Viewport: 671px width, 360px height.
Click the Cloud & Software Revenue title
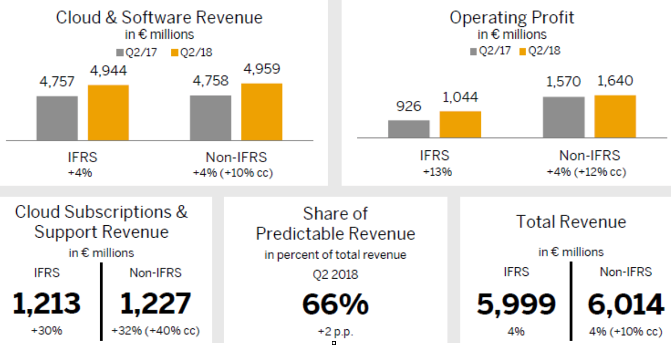(x=160, y=17)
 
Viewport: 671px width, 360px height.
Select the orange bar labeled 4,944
(x=108, y=113)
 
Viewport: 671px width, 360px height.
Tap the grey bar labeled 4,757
(x=57, y=118)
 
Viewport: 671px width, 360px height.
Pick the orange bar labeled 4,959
(x=261, y=112)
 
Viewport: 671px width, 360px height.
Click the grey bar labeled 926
(x=409, y=129)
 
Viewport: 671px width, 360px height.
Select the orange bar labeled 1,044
(x=460, y=124)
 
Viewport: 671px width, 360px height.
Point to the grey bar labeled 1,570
(x=564, y=117)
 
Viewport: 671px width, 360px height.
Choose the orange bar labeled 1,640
(x=615, y=116)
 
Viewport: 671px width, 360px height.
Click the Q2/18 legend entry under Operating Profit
(x=539, y=51)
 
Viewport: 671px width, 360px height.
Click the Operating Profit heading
(x=511, y=17)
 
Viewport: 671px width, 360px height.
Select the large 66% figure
(x=335, y=304)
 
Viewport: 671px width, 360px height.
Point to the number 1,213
(x=46, y=303)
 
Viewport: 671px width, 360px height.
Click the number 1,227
(x=155, y=303)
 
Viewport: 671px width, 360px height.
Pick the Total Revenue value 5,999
(x=516, y=305)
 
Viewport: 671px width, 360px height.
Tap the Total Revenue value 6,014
(x=626, y=305)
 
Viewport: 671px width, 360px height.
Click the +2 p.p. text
(x=335, y=331)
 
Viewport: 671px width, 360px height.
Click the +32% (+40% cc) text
(x=155, y=330)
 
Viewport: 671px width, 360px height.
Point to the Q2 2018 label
(x=335, y=274)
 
